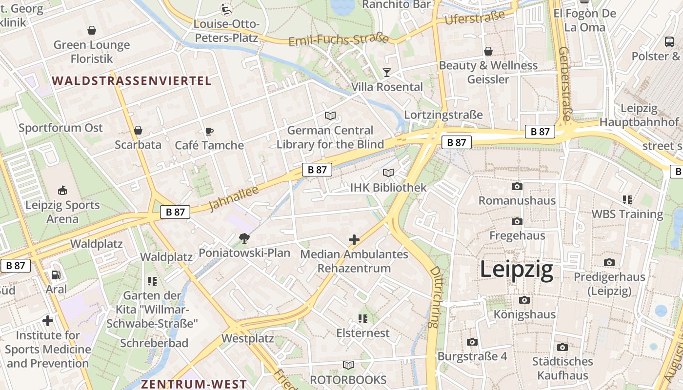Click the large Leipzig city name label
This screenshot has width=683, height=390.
(517, 270)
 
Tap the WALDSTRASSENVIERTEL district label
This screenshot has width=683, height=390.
(132, 81)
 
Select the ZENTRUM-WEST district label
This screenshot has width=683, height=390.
(194, 384)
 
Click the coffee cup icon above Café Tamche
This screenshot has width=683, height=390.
(209, 131)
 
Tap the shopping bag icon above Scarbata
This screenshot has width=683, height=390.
(138, 130)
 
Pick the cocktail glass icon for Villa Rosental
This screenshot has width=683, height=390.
(387, 73)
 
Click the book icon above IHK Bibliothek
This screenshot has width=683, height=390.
(388, 173)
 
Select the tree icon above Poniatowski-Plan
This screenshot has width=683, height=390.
(244, 238)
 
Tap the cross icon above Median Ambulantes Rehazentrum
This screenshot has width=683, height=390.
(354, 240)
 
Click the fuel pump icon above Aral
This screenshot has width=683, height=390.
(56, 275)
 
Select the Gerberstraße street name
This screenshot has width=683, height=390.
(565, 83)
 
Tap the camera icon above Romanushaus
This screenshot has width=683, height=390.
(517, 187)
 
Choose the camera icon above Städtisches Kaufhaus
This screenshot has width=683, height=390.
(562, 347)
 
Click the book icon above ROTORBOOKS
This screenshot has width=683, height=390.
(348, 365)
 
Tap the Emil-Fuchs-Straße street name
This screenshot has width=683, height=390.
(339, 40)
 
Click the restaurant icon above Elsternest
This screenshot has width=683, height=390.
(363, 319)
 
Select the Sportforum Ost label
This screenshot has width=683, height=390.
(60, 128)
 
